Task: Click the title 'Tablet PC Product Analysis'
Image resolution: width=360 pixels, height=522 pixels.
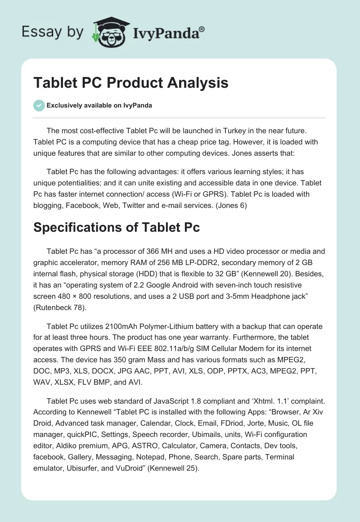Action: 131,83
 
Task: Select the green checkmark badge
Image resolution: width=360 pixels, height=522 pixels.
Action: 39,105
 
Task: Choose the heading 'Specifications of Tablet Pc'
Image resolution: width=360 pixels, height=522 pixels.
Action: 117,227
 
